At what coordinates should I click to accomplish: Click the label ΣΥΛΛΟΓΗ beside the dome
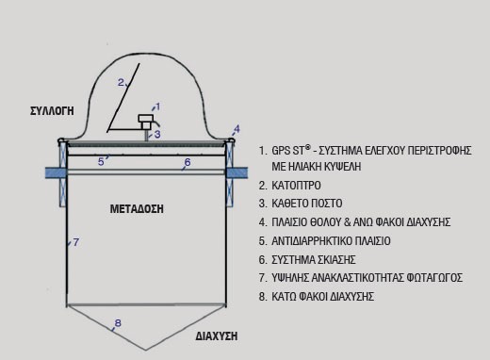point(52,111)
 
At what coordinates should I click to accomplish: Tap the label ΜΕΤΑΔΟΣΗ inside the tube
point(137,209)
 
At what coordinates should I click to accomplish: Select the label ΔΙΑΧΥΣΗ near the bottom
point(217,336)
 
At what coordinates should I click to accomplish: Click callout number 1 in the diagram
point(157,106)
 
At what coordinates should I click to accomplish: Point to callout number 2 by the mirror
point(121,83)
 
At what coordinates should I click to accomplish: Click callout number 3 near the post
point(157,134)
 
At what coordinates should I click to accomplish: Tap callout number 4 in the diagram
point(237,129)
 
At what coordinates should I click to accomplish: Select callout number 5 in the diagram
point(101,162)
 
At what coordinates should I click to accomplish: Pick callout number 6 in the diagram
point(188,162)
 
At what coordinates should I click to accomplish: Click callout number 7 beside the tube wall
point(76,242)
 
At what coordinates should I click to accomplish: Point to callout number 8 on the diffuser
point(118,323)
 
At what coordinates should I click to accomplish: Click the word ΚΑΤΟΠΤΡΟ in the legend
point(296,186)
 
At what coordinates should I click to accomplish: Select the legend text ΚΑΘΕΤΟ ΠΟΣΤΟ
point(307,204)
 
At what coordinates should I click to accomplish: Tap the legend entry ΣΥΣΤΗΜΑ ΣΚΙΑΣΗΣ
point(314,260)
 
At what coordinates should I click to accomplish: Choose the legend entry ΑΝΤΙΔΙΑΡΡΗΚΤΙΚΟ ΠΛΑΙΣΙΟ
point(331,241)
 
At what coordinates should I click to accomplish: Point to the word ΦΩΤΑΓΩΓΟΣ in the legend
point(434,278)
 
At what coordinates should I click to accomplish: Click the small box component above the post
point(146,122)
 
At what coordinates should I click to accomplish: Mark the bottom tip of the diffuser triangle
point(146,350)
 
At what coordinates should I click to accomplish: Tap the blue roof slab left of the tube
point(56,172)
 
